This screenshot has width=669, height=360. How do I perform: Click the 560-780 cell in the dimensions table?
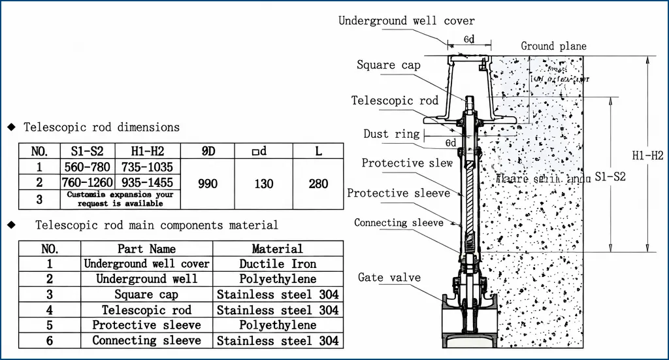pos(87,167)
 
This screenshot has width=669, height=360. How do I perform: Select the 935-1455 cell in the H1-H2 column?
pos(148,182)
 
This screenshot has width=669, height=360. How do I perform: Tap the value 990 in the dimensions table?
pos(208,184)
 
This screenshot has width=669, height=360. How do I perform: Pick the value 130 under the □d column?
pos(263,184)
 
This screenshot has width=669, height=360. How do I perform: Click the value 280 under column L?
pos(318,184)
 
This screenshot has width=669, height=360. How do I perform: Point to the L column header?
pos(318,151)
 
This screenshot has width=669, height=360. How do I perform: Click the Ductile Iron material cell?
pos(278,264)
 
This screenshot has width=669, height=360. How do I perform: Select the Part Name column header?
pos(146,249)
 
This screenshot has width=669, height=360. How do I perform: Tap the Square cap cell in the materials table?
pos(146,295)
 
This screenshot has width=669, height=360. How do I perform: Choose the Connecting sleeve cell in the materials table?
pos(146,340)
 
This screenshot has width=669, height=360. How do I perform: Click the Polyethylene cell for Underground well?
pos(278,279)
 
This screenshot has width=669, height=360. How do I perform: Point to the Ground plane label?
pos(553,46)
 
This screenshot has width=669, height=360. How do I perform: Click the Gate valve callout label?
pos(389,278)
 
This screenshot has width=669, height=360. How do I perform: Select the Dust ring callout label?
pos(391,135)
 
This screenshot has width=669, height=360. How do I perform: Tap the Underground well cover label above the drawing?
pos(406,21)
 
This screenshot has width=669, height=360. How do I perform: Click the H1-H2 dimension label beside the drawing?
pos(648,155)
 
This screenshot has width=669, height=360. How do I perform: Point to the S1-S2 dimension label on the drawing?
pos(610,176)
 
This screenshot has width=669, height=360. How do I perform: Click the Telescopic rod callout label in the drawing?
pos(395,101)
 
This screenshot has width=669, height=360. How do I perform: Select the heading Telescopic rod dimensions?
pos(101,127)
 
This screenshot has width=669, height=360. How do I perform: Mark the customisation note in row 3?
pos(121,199)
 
